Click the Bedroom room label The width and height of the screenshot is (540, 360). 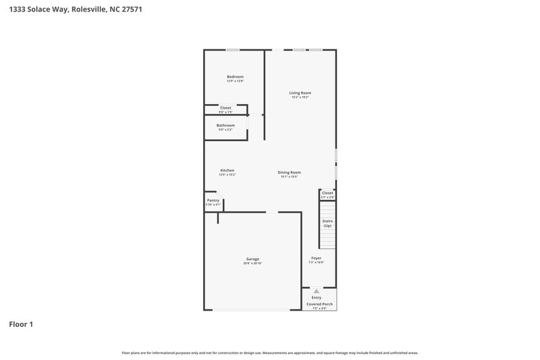tap(235, 77)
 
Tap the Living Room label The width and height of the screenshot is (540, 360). tap(300, 93)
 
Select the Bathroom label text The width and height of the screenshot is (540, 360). tap(225, 125)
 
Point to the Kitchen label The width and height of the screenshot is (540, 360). tap(227, 170)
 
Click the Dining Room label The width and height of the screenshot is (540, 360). tap(289, 172)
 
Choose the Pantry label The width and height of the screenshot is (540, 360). tap(212, 201)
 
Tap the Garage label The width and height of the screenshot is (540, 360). tap(252, 259)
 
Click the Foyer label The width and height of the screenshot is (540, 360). tap(316, 258)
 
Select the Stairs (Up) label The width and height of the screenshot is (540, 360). tap(327, 223)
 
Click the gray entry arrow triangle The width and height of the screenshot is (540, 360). tap(316, 291)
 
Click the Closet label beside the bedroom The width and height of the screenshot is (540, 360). tap(225, 107)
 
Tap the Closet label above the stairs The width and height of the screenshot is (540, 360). tap(327, 193)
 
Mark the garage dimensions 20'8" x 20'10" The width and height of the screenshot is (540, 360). tap(252, 263)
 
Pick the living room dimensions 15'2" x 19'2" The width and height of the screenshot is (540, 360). tap(300, 97)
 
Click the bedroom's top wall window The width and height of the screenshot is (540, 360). tap(232, 49)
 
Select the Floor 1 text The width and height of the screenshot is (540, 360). tap(21, 324)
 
